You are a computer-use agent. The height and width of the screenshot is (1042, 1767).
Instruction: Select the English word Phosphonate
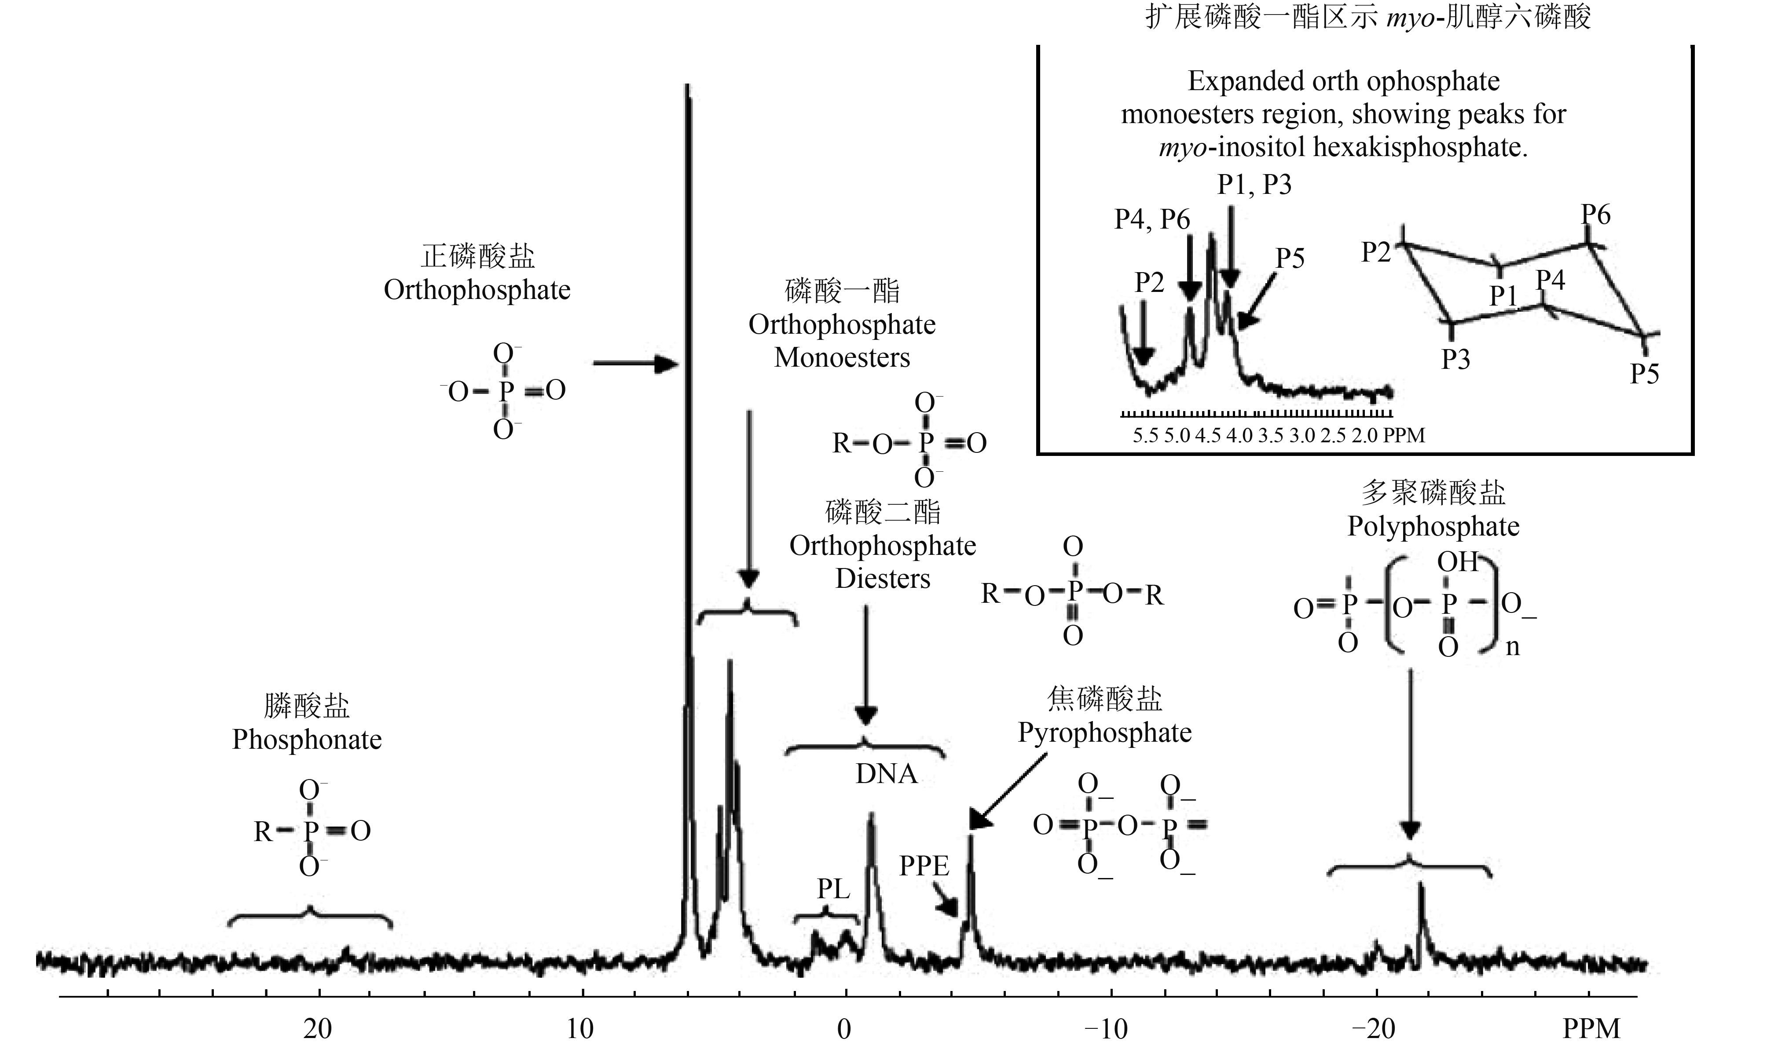click(x=307, y=740)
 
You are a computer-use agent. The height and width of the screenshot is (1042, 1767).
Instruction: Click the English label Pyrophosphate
click(x=1104, y=732)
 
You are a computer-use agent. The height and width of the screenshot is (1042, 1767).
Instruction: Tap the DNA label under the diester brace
click(x=886, y=774)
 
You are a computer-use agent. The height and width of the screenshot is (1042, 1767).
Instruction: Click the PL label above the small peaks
click(x=833, y=889)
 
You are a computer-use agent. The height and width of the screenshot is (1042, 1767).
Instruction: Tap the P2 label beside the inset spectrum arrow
click(x=1149, y=282)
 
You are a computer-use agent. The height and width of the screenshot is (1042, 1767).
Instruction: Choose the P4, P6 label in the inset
click(x=1152, y=220)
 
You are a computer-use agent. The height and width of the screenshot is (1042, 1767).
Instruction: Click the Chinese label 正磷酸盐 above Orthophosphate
click(x=478, y=256)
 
